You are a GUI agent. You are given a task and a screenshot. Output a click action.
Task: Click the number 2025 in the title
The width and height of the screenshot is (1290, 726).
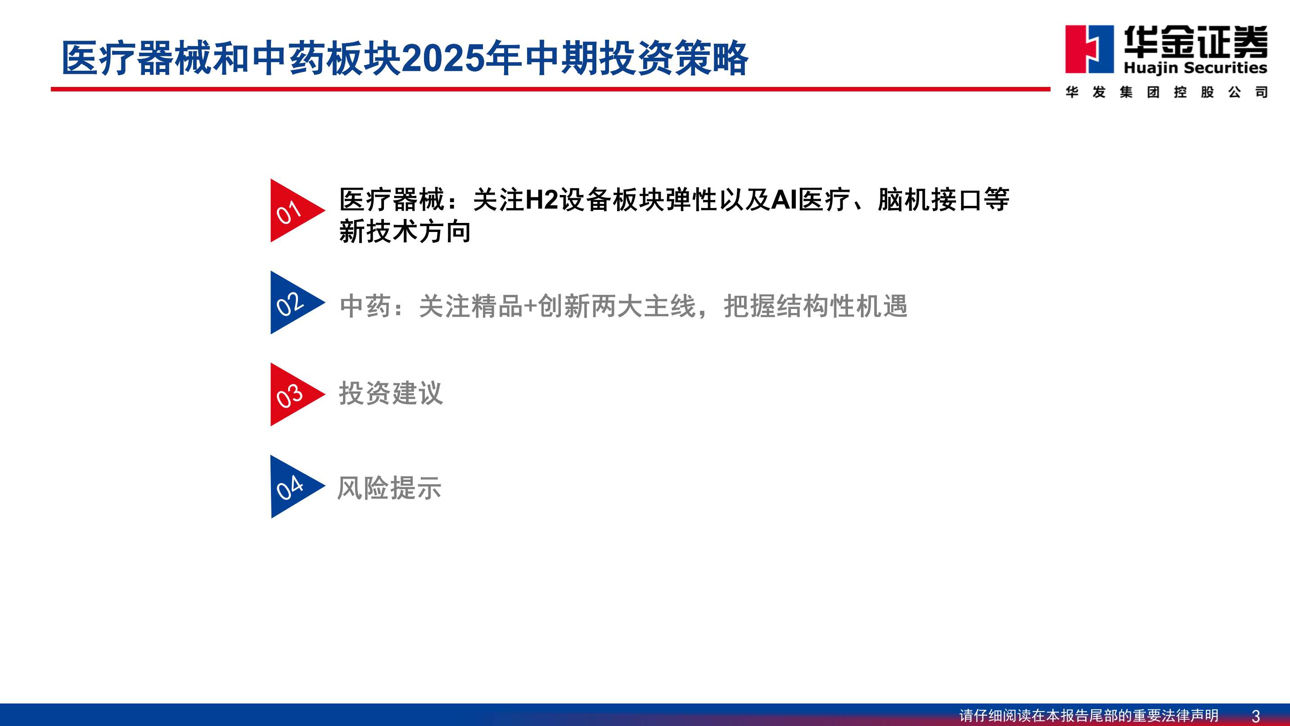click(443, 58)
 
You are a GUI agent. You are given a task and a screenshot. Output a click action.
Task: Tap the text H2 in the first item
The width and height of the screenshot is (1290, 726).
click(541, 200)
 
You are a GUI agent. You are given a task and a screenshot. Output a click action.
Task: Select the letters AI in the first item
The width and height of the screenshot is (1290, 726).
click(784, 200)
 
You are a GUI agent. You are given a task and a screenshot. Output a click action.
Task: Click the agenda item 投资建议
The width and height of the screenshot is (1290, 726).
click(391, 393)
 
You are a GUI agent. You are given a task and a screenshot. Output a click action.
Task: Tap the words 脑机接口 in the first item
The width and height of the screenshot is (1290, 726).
click(930, 200)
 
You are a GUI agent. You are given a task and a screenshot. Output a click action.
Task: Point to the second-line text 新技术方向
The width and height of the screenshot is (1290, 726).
click(405, 231)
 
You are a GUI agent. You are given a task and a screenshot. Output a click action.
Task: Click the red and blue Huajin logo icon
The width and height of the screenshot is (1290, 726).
click(1089, 49)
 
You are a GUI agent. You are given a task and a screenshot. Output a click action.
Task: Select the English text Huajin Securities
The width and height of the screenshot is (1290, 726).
click(1195, 68)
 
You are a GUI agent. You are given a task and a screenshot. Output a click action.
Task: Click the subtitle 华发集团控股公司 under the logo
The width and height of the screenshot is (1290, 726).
click(1166, 92)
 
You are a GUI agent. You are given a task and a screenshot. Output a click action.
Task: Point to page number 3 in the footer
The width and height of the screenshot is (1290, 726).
click(1255, 716)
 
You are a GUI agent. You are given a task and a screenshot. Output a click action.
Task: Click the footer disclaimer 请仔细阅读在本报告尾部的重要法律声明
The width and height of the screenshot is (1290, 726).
click(1089, 716)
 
